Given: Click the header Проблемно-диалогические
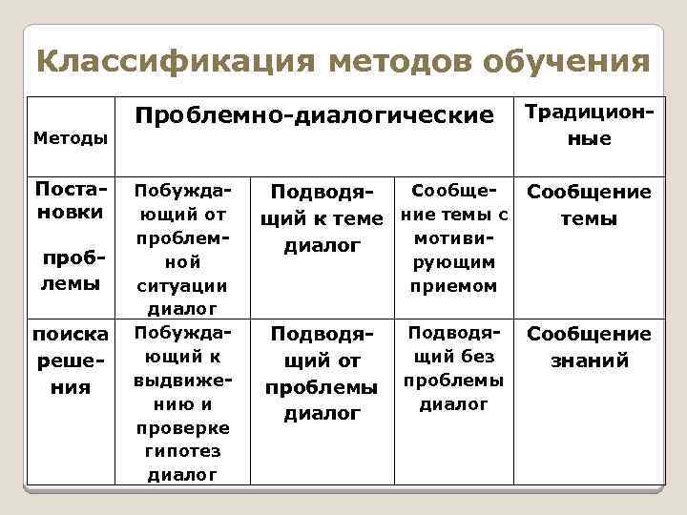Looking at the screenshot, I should [x=315, y=115].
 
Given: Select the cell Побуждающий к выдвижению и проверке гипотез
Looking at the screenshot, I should [x=181, y=402].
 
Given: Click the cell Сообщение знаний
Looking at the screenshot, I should [x=589, y=347].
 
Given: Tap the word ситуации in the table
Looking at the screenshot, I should [x=181, y=285].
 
